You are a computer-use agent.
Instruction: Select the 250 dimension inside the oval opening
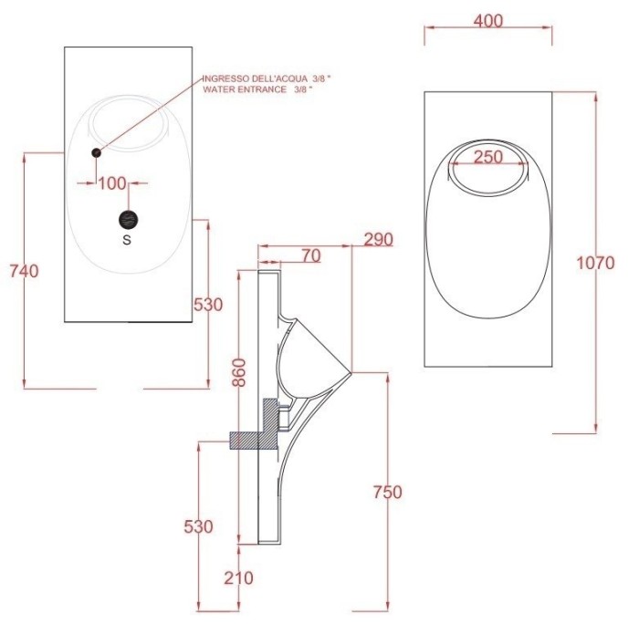point(488,157)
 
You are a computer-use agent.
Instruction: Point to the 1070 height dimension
point(596,264)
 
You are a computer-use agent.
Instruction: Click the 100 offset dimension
point(111,183)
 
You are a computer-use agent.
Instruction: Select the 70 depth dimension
point(310,256)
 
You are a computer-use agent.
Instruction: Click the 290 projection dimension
point(378,240)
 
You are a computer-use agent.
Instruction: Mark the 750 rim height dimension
point(387,493)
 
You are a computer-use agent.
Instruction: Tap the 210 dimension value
point(238,577)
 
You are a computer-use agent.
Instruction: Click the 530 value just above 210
point(198,526)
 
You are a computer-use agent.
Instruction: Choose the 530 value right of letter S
point(208,305)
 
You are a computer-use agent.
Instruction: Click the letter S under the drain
point(127,241)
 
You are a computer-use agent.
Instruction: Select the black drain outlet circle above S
point(128,219)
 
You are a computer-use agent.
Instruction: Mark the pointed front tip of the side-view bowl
point(351,372)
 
